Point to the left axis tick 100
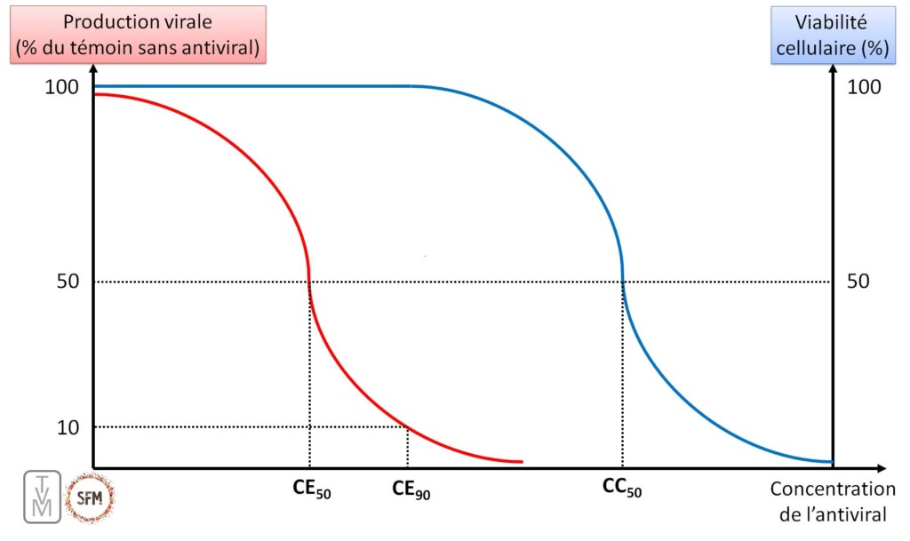click(x=62, y=86)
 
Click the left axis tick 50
click(x=68, y=282)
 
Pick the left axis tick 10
click(x=68, y=427)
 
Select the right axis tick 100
click(x=864, y=86)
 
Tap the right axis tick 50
click(x=858, y=282)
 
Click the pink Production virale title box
click(x=135, y=35)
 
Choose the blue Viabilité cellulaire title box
click(x=834, y=35)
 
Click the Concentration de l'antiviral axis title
click(x=833, y=502)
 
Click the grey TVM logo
click(x=43, y=496)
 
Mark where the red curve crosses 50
click(x=309, y=282)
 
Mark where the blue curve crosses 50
click(x=622, y=282)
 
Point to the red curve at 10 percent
click(x=407, y=427)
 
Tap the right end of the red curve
click(x=521, y=461)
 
